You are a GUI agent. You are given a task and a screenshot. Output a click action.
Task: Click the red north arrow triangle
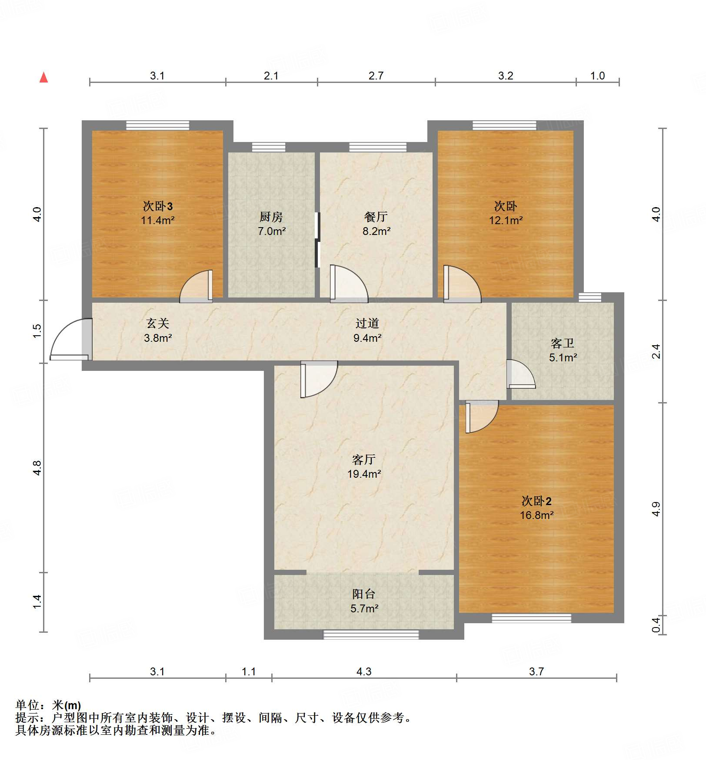click(x=43, y=78)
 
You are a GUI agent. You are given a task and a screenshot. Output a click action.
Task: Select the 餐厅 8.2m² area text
click(x=376, y=231)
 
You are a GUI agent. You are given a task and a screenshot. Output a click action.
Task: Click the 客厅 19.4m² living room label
click(x=364, y=466)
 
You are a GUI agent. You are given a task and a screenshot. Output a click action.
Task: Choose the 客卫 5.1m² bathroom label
click(x=563, y=350)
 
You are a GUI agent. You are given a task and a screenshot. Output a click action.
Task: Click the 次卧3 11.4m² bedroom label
click(x=157, y=213)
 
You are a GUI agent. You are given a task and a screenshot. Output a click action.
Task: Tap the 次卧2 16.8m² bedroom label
click(x=536, y=508)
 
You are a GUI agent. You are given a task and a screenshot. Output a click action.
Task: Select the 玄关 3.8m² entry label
click(x=157, y=330)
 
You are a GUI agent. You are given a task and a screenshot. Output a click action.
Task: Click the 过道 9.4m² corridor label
click(x=367, y=330)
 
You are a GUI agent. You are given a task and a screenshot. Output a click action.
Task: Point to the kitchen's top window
click(x=269, y=147)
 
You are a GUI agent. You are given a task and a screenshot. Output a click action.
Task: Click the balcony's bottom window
click(x=371, y=634)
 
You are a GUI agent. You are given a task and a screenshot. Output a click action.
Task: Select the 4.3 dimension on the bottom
click(x=364, y=671)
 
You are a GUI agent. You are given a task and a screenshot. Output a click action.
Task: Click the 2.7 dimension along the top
click(x=376, y=76)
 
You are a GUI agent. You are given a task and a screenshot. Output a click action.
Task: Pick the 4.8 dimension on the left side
click(x=37, y=468)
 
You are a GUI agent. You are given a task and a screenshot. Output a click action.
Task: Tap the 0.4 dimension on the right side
click(x=656, y=625)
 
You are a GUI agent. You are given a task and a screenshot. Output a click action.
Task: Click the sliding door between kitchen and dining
click(x=317, y=239)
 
